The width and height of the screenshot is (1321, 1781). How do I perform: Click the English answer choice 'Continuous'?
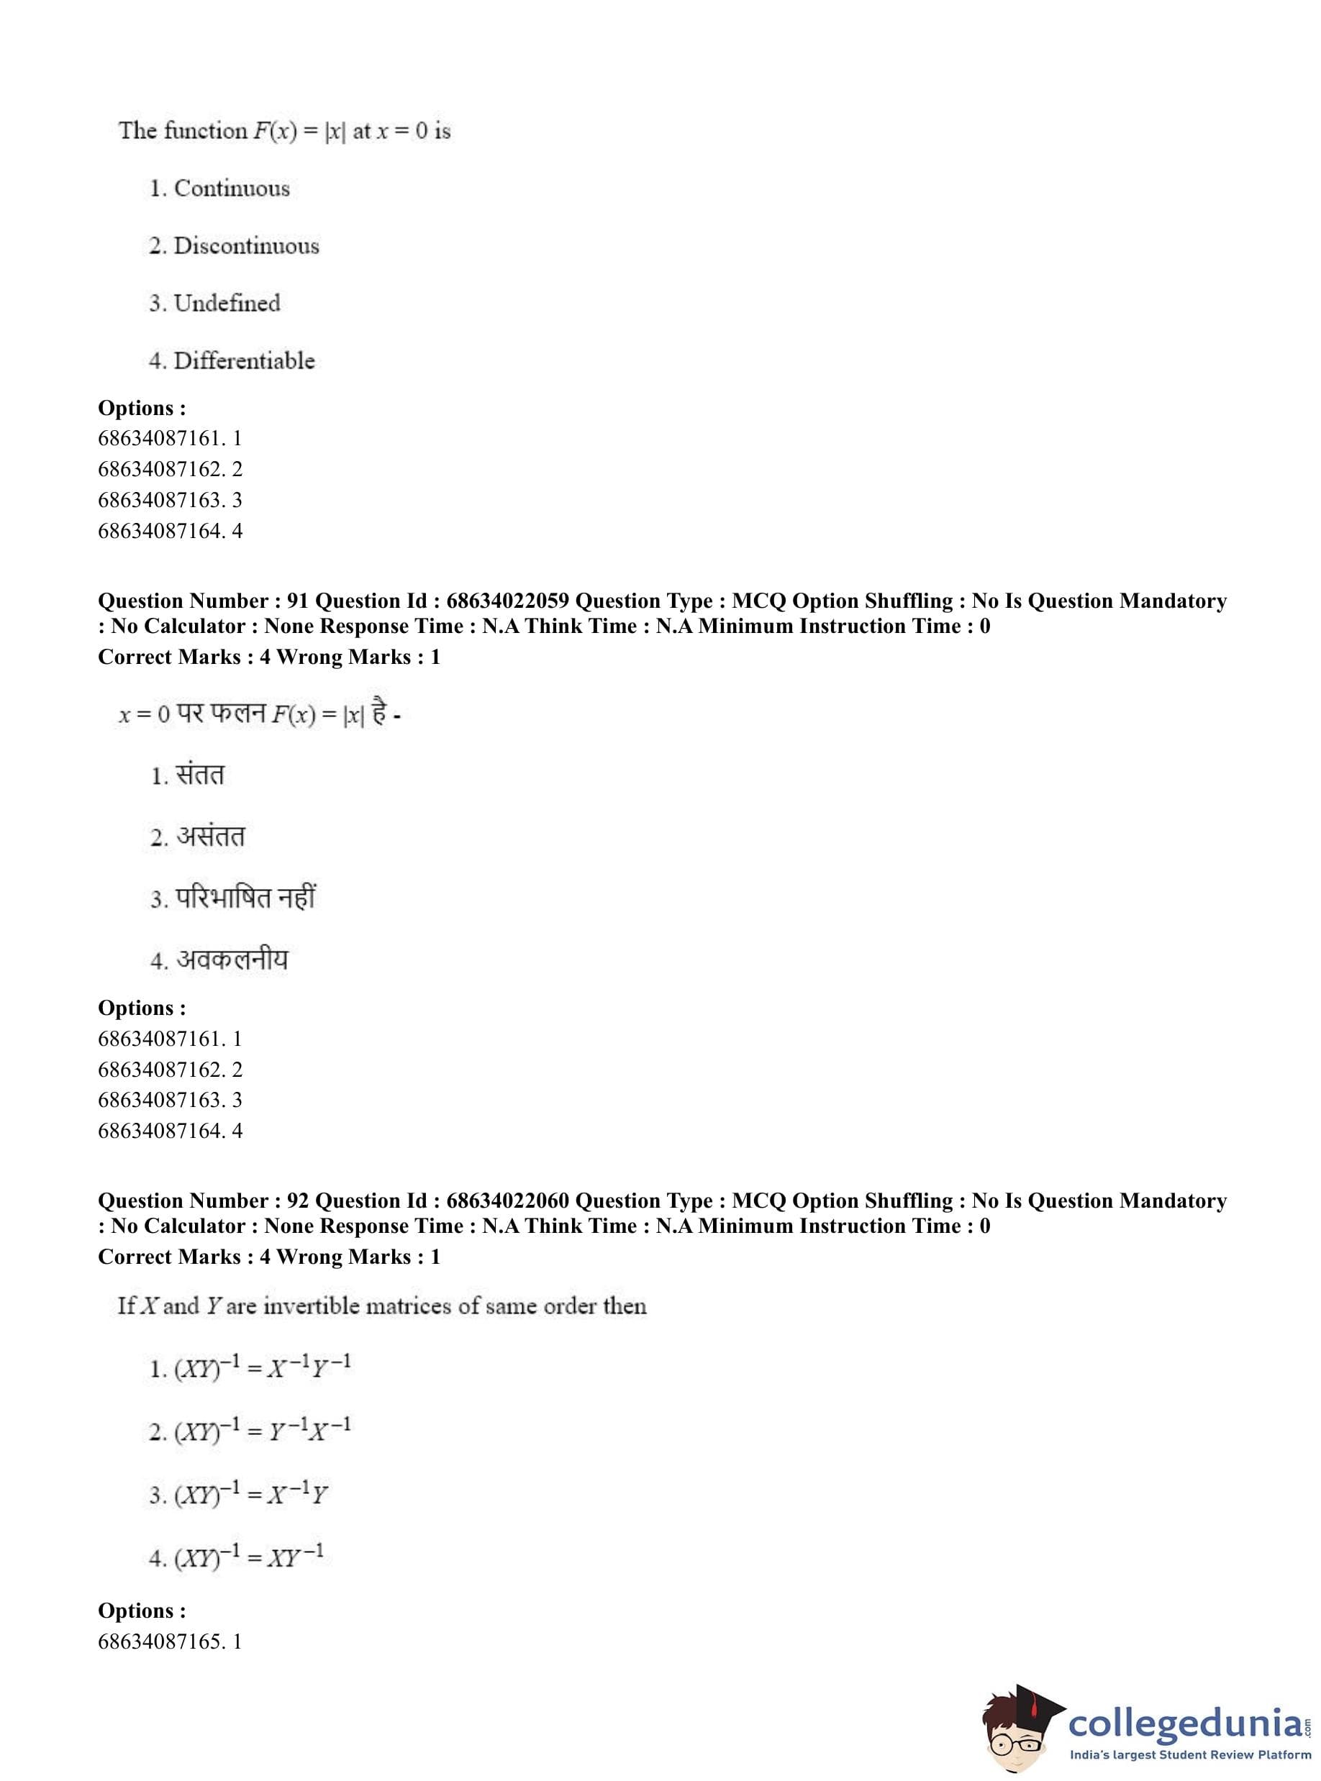pos(231,188)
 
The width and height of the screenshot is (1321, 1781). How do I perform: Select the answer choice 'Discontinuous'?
pos(245,246)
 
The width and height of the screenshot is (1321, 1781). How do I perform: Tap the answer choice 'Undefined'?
pos(227,304)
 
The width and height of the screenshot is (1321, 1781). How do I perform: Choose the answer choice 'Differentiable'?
pos(244,361)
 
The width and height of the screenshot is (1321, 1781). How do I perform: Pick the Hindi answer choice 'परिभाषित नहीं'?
pos(245,898)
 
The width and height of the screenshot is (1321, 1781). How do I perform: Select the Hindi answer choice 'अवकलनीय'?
pos(232,960)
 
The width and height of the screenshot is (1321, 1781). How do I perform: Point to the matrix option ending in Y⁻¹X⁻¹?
pos(263,1430)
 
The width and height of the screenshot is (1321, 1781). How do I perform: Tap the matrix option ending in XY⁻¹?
pos(249,1556)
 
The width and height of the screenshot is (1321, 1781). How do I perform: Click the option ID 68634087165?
pos(160,1642)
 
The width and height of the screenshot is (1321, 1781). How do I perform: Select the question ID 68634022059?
pos(507,601)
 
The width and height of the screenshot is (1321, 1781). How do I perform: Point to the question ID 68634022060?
pos(507,1201)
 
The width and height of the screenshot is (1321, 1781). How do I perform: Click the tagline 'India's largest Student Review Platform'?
pos(1191,1755)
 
